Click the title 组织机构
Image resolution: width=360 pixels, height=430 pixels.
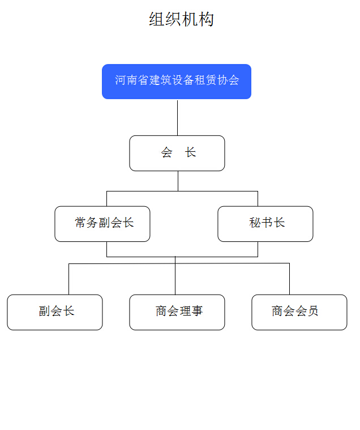181,19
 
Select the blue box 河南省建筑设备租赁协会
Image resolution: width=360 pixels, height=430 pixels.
177,82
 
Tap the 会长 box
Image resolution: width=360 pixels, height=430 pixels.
177,153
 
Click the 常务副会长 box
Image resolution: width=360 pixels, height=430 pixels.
102,224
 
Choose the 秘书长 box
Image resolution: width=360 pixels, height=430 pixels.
265,224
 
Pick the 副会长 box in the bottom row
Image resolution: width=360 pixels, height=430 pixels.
55,312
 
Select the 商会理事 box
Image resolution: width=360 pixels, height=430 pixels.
177,312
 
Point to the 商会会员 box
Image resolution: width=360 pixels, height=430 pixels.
299,312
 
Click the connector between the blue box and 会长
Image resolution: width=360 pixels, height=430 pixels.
178,118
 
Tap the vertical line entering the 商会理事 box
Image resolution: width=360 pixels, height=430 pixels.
175,275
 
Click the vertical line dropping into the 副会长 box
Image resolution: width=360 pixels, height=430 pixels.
68,279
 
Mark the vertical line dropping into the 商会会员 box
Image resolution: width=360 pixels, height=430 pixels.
290,279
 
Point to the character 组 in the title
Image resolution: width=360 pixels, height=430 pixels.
157,19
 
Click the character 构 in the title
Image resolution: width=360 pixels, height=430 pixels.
206,19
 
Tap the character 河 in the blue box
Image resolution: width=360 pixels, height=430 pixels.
120,80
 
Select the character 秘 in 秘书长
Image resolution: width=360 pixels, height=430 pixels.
255,223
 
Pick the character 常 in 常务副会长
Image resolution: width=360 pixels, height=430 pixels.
80,223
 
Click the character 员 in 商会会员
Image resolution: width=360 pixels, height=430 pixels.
312,311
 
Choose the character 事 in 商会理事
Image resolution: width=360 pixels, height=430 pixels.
197,311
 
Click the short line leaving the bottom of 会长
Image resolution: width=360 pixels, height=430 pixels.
178,181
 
